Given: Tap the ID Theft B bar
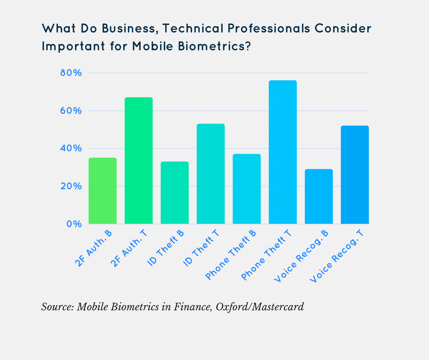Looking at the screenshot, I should tap(174, 193).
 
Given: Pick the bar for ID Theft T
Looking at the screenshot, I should tap(210, 174).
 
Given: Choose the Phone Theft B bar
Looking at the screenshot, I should tap(246, 189).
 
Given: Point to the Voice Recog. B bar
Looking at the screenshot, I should tap(319, 196).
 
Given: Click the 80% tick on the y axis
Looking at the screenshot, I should tap(70, 73).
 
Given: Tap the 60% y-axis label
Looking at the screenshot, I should tap(70, 111).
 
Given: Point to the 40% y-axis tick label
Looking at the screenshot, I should tap(70, 148).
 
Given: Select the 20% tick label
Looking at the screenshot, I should tap(70, 186).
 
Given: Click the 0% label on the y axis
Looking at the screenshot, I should tap(73, 224).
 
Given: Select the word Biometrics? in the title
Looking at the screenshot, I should tap(215, 47).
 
